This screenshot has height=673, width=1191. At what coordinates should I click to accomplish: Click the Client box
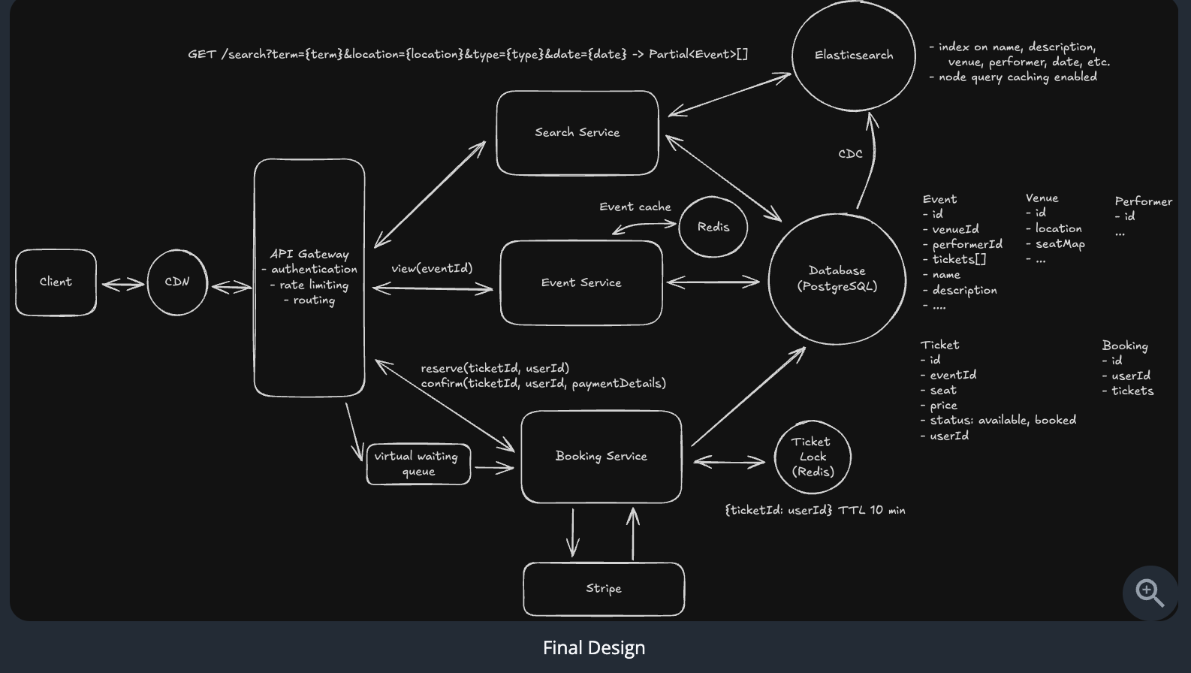tap(56, 282)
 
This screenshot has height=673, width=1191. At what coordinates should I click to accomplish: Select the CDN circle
tap(177, 282)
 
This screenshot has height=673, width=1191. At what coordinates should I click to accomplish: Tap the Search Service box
tap(577, 133)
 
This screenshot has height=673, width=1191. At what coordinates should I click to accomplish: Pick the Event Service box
tap(581, 283)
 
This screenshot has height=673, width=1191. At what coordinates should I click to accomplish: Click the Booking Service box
tap(601, 457)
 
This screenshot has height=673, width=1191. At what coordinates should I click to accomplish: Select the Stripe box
tap(604, 589)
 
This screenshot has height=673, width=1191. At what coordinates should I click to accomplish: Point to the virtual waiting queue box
tap(418, 464)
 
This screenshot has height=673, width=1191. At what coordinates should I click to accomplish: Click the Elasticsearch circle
tap(854, 56)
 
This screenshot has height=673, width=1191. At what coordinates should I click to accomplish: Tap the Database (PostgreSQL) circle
tap(837, 279)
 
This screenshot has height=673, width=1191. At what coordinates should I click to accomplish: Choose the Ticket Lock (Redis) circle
tap(813, 457)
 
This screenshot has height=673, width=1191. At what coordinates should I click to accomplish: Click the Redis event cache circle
tap(713, 227)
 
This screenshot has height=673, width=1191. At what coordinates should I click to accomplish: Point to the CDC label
tap(850, 154)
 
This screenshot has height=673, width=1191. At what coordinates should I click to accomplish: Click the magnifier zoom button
tap(1150, 593)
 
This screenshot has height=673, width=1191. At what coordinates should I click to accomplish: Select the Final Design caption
tap(594, 647)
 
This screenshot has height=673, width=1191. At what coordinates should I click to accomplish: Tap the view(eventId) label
tap(432, 268)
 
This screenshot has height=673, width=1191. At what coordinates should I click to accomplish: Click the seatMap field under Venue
tap(1060, 244)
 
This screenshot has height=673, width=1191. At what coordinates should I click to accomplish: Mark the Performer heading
tap(1143, 201)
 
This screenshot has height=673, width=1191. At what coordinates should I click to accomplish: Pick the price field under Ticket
tap(943, 406)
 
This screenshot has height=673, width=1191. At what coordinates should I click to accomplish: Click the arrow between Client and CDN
tap(122, 284)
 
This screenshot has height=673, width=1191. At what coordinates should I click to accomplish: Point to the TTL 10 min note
tap(872, 510)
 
